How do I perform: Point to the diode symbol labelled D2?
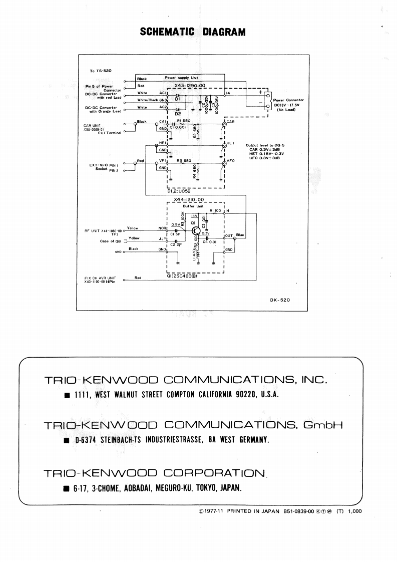[178, 109]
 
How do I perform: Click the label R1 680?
[184, 121]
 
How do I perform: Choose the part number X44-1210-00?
[188, 199]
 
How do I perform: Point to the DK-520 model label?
[279, 301]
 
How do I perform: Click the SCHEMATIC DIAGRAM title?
[193, 32]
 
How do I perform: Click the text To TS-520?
[101, 71]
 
